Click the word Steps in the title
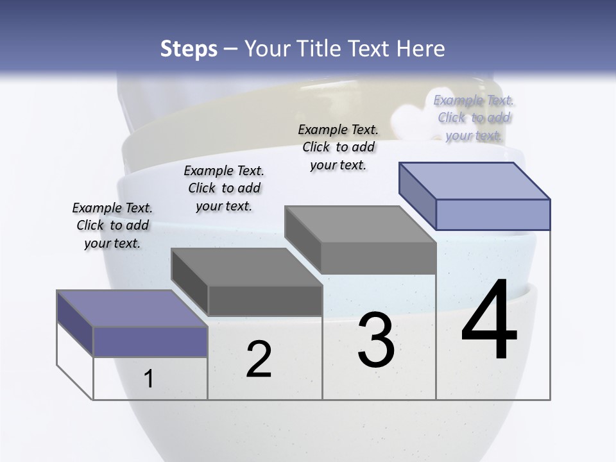[x=189, y=49]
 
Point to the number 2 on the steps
[x=259, y=359]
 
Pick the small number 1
[x=149, y=379]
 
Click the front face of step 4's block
[x=493, y=214]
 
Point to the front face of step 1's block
[x=150, y=341]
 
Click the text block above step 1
[x=112, y=225]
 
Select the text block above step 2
[x=224, y=188]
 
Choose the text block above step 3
[x=338, y=147]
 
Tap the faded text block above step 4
[x=474, y=117]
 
